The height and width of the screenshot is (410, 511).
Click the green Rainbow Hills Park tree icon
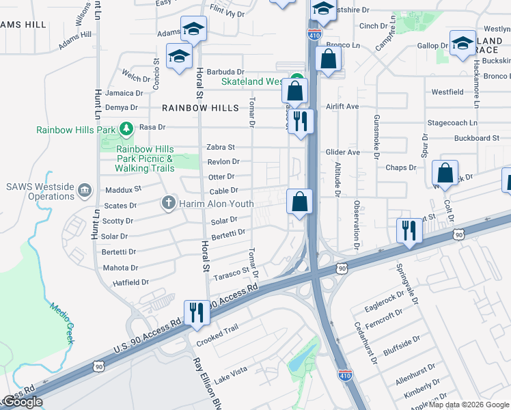126,128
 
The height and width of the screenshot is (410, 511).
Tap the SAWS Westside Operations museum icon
84,189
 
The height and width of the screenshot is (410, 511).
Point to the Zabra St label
221,147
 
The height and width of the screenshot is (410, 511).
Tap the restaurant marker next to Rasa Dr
301,122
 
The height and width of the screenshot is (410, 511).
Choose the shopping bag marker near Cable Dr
299,202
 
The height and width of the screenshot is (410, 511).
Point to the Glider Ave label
343,152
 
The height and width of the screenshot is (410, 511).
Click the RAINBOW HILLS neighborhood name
201,108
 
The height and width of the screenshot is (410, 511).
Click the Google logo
22,402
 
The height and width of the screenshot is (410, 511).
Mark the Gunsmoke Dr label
376,136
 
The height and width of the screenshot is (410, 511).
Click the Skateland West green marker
296,79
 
